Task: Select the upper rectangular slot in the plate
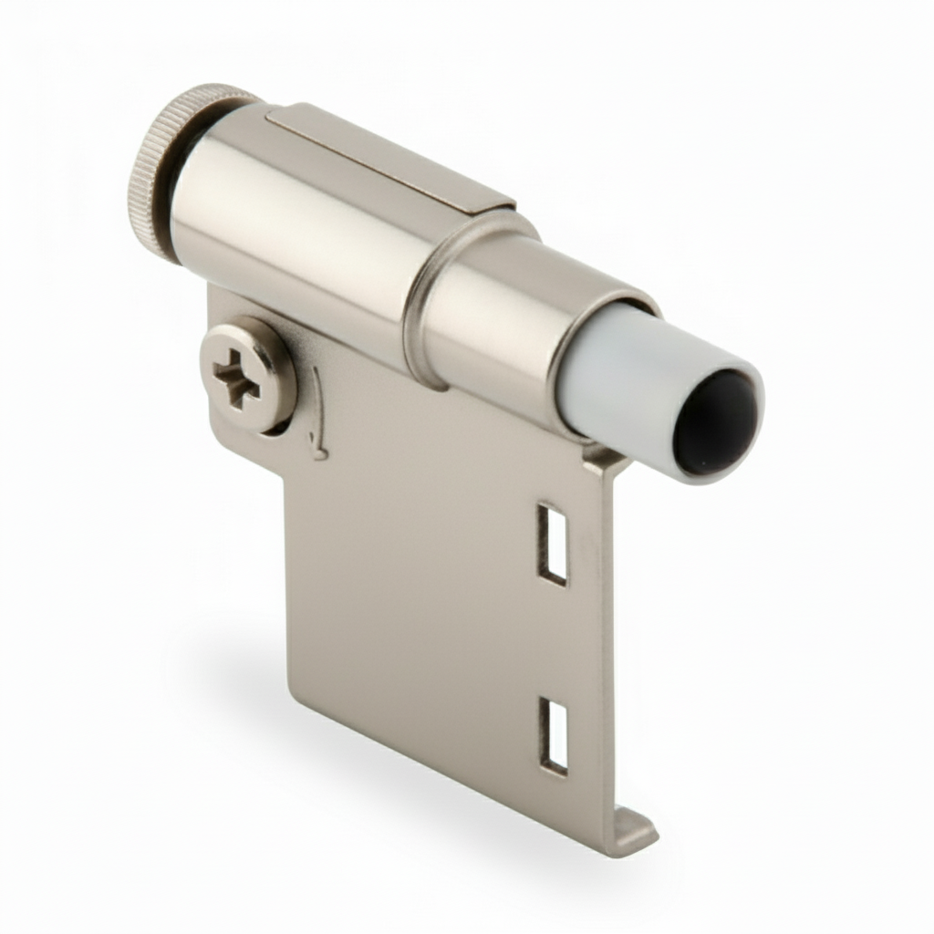(552, 543)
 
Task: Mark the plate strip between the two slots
(553, 638)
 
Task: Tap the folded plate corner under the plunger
(607, 461)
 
